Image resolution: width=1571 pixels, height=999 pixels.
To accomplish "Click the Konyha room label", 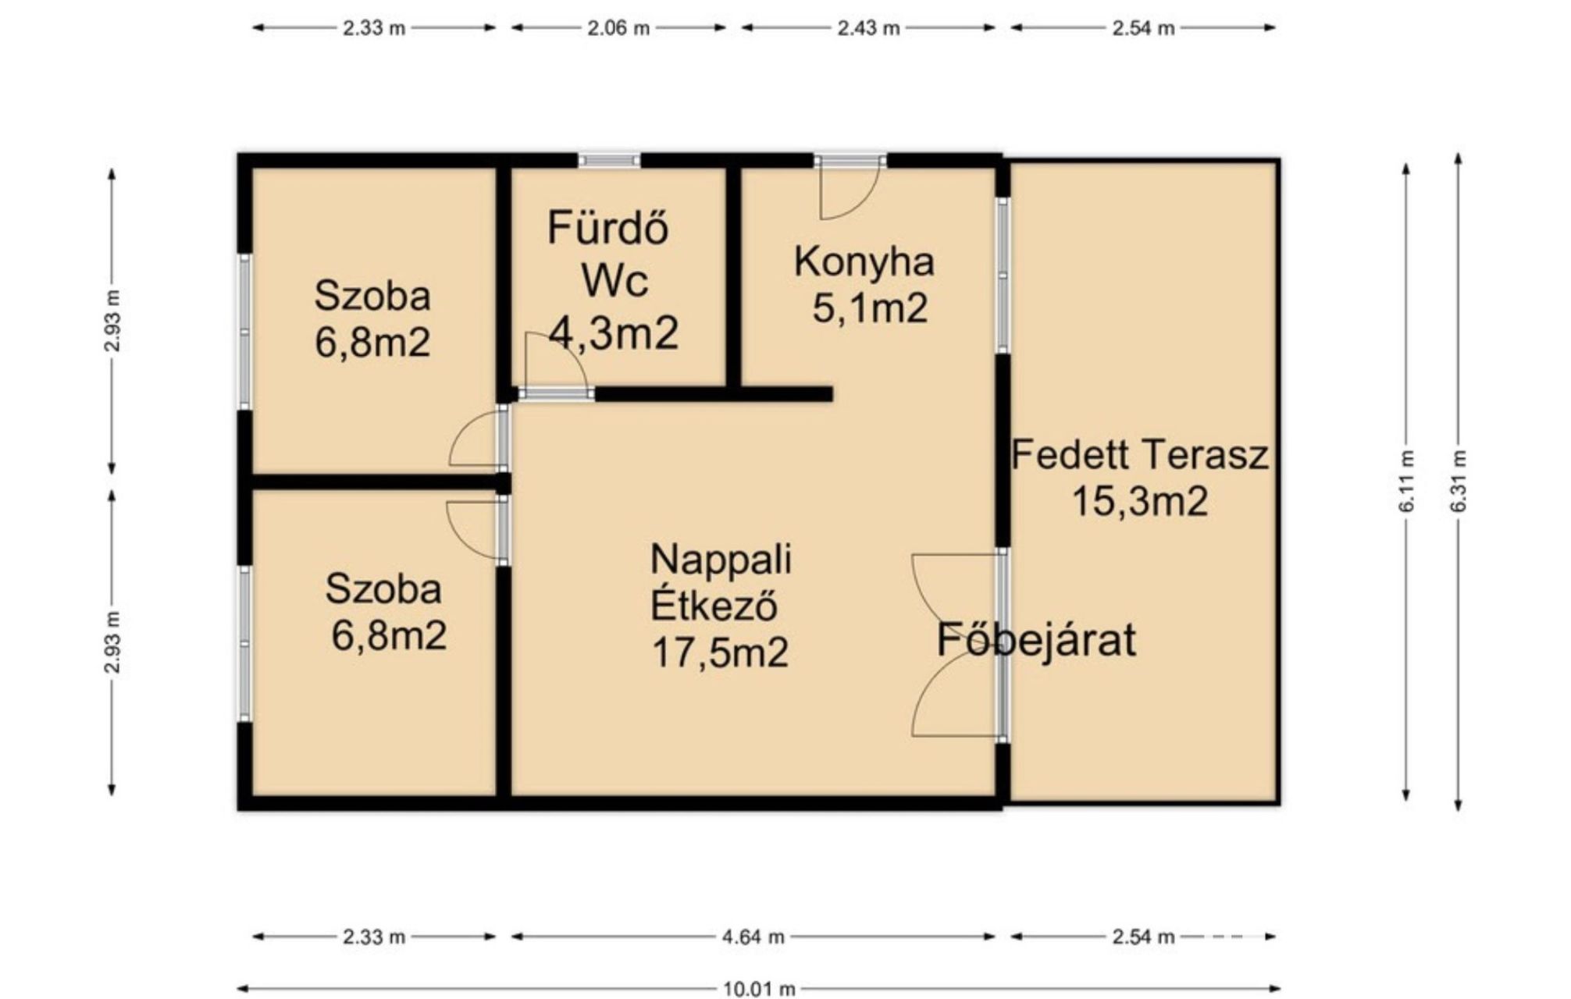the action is coord(864,261).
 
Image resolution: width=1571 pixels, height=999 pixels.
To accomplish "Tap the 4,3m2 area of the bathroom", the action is coord(613,333).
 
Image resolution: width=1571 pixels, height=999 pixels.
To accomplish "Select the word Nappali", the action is coord(721,559).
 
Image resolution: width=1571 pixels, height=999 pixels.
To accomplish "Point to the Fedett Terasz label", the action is coord(1140,454).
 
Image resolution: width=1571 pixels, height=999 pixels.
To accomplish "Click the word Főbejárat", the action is coord(1035,639).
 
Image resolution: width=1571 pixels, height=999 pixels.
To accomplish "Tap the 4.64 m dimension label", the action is coord(753,937).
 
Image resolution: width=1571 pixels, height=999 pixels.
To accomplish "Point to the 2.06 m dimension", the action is coord(618,28).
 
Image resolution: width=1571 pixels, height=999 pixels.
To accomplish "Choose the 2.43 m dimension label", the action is coord(868,28).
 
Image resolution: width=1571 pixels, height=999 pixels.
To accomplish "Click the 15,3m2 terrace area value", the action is coord(1140,501).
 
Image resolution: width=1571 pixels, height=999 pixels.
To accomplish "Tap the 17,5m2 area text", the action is coord(720,652).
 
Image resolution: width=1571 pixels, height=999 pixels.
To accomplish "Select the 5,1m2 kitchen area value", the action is coord(870,308).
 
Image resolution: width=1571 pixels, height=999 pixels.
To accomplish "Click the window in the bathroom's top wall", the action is coord(609,161).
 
